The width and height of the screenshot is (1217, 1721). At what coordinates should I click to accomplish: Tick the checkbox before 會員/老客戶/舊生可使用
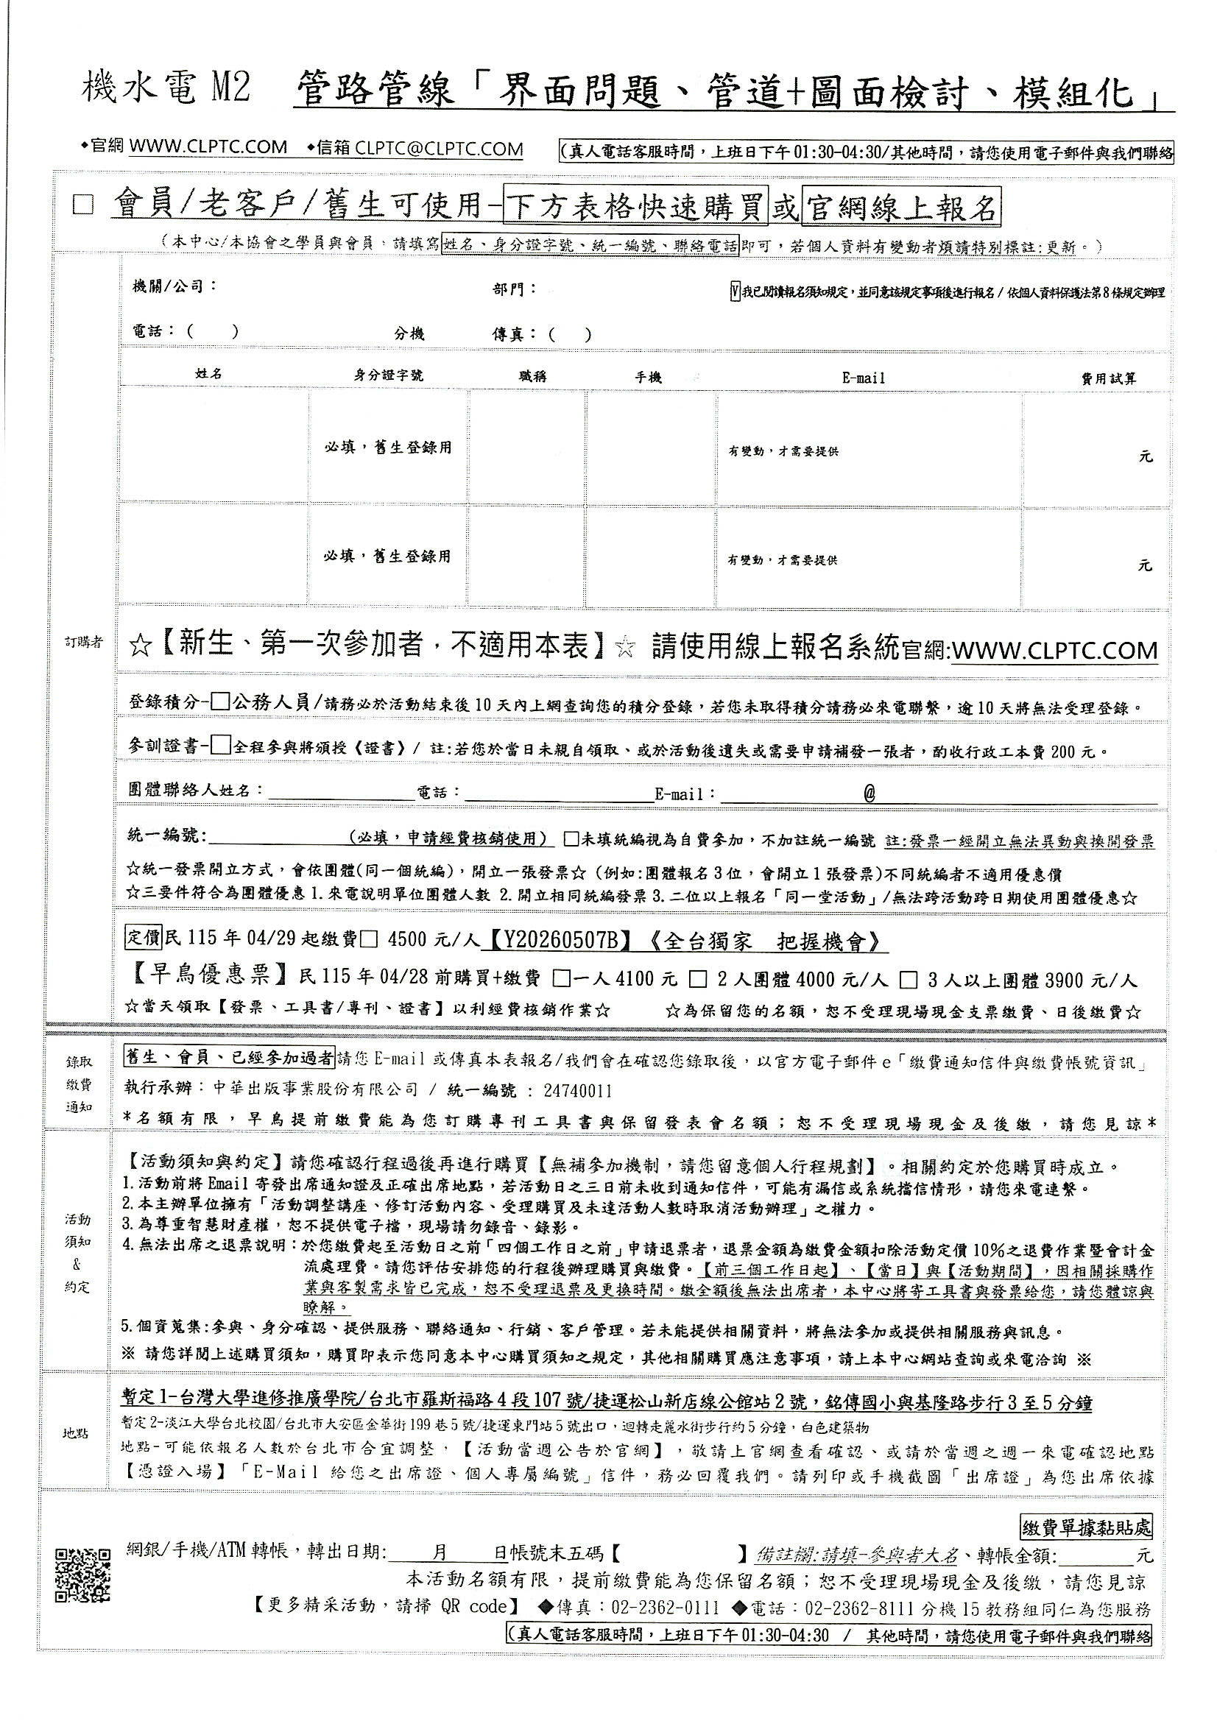tap(83, 205)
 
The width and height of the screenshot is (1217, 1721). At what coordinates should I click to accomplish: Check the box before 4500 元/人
tap(370, 941)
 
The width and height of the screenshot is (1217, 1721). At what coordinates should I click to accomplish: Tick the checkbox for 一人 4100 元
tap(560, 979)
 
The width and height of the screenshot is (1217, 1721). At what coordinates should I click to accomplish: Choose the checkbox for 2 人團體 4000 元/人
tap(696, 979)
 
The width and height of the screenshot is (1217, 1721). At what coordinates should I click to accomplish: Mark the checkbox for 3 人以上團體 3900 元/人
tap(909, 979)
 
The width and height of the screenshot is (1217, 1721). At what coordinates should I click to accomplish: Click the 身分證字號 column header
tap(388, 375)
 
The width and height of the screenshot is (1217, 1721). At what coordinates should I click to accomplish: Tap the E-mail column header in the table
tap(864, 378)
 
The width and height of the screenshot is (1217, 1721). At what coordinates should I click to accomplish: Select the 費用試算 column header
tap(1107, 378)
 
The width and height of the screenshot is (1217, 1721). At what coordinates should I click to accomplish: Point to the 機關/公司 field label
tap(174, 286)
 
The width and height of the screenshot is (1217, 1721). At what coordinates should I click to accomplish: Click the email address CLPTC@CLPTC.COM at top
tap(440, 149)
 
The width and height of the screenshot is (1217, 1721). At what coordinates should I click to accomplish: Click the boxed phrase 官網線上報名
tap(900, 208)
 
